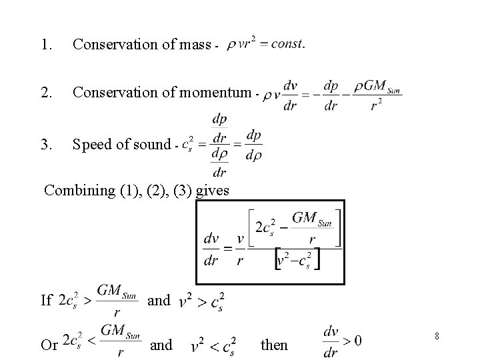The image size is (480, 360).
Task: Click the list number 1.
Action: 45,45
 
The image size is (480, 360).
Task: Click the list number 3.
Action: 45,143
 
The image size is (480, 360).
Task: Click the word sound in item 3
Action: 150,143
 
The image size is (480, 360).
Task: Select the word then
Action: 274,345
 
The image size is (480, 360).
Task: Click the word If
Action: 46,300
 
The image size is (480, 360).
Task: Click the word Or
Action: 49,345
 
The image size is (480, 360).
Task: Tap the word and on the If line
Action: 159,300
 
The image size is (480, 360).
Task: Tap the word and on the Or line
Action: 161,345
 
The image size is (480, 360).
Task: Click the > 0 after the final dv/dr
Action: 350,341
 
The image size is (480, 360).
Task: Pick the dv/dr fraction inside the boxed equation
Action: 211,249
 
